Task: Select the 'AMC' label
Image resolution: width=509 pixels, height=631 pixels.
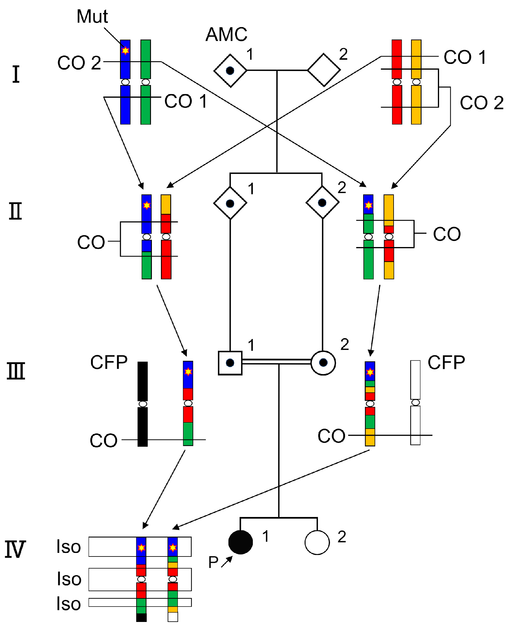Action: (226, 34)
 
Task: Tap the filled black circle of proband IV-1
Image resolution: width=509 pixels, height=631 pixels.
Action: (240, 542)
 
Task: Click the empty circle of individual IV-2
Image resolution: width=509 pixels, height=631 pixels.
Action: (317, 542)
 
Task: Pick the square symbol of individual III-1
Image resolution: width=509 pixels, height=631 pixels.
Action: (230, 363)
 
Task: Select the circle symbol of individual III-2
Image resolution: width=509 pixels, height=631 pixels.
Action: (323, 363)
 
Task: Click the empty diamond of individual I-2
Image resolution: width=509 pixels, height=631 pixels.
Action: (324, 70)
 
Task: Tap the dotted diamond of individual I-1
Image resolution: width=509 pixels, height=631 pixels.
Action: (230, 71)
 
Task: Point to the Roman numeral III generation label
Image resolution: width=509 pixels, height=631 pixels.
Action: (16, 371)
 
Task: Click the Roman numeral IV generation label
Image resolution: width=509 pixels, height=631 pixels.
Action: (15, 549)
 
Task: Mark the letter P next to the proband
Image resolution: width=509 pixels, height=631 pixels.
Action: (213, 562)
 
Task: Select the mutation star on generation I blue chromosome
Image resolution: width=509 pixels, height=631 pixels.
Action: (125, 50)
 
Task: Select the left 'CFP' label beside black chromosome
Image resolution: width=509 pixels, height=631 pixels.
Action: (109, 362)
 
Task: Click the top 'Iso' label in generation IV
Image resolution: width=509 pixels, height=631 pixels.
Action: (69, 547)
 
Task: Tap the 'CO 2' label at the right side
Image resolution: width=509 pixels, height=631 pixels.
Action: (481, 103)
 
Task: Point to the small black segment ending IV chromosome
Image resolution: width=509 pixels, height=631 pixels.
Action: (141, 617)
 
